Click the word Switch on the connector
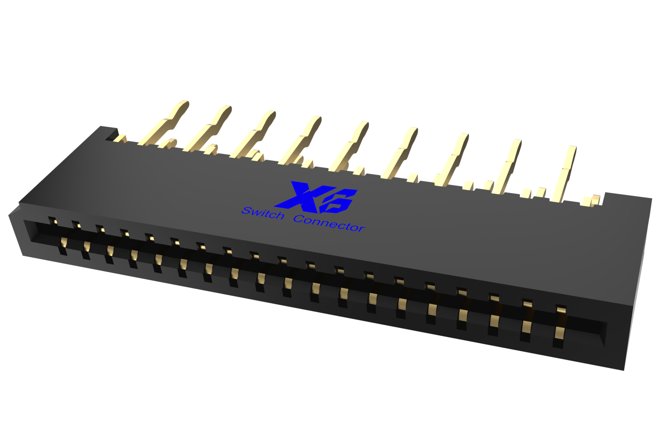pos(263,213)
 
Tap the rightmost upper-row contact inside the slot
pos(561,311)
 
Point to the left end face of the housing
pos(15,232)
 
